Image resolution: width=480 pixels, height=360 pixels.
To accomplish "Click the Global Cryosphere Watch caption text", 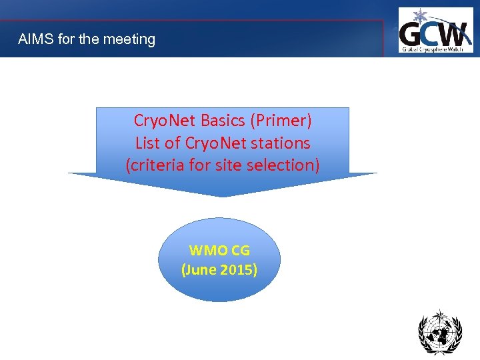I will click(x=435, y=48).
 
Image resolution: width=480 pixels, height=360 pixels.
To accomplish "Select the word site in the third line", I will click(x=230, y=165).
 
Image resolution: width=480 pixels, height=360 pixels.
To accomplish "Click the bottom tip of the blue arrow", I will click(x=223, y=196).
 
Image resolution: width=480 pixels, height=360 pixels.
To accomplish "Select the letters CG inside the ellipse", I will click(x=241, y=251).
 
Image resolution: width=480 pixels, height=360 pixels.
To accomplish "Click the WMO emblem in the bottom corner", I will click(x=439, y=331).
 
